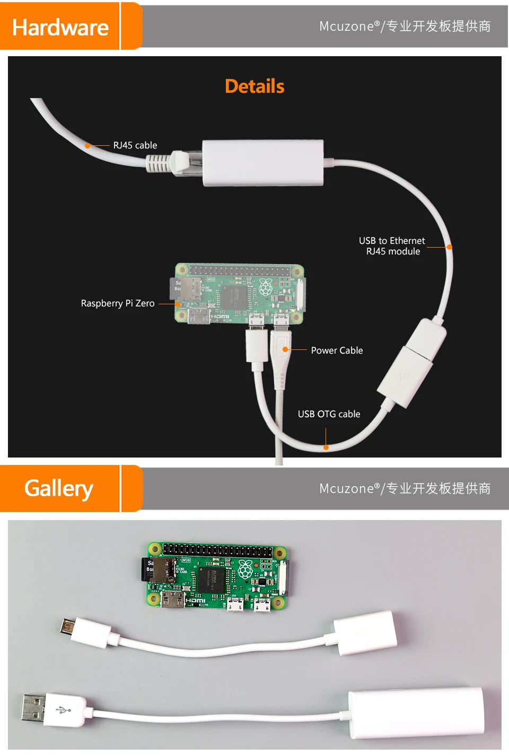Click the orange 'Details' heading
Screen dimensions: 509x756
tap(254, 86)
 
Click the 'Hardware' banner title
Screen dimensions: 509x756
tap(60, 28)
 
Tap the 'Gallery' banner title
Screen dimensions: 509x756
tap(59, 488)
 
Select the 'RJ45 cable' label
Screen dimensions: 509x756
tap(135, 145)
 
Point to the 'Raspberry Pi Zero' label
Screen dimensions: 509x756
tap(118, 303)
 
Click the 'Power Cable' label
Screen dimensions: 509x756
tap(337, 350)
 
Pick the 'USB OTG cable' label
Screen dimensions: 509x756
tap(329, 414)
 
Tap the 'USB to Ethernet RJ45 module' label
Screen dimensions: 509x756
tap(392, 246)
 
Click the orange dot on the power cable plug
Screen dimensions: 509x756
tap(285, 349)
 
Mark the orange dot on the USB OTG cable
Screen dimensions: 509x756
tap(326, 447)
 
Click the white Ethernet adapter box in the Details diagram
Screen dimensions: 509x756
tap(263, 163)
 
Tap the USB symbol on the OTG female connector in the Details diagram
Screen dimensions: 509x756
tap(402, 375)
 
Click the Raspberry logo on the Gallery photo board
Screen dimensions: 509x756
tap(245, 569)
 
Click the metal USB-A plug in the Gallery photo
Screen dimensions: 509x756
tap(33, 708)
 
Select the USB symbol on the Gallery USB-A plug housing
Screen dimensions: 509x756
tap(64, 709)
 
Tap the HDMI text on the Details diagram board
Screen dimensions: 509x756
tap(220, 317)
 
